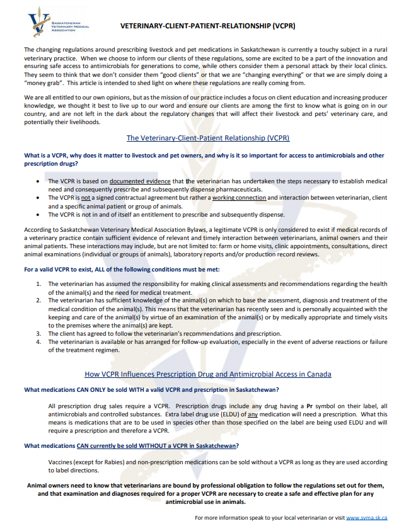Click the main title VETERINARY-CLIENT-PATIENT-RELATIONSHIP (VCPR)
207,26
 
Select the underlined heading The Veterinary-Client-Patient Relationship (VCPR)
207,137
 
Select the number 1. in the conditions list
39,284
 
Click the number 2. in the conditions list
39,300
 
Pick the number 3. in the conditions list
39,333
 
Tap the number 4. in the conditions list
39,341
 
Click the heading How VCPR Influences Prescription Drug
207,374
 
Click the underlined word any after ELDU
252,414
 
